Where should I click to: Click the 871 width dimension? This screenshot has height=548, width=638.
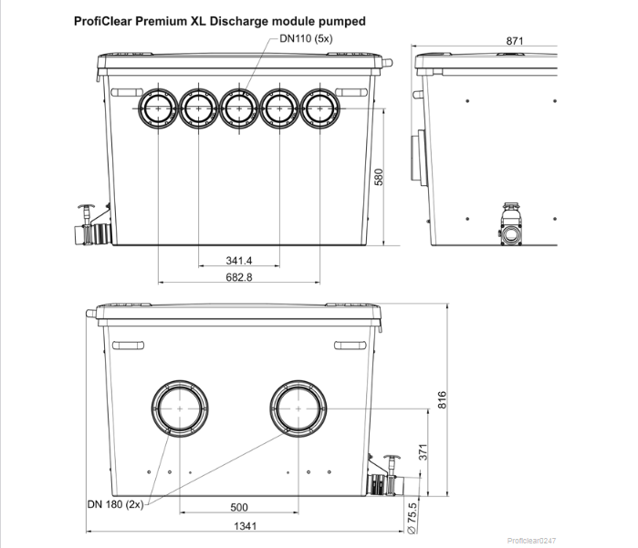(x=513, y=41)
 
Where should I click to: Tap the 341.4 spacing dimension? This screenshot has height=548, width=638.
(x=239, y=260)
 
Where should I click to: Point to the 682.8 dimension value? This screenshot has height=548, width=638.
(x=239, y=276)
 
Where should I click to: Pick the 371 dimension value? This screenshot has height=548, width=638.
(x=422, y=451)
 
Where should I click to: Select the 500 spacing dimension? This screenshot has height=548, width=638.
(x=238, y=507)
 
